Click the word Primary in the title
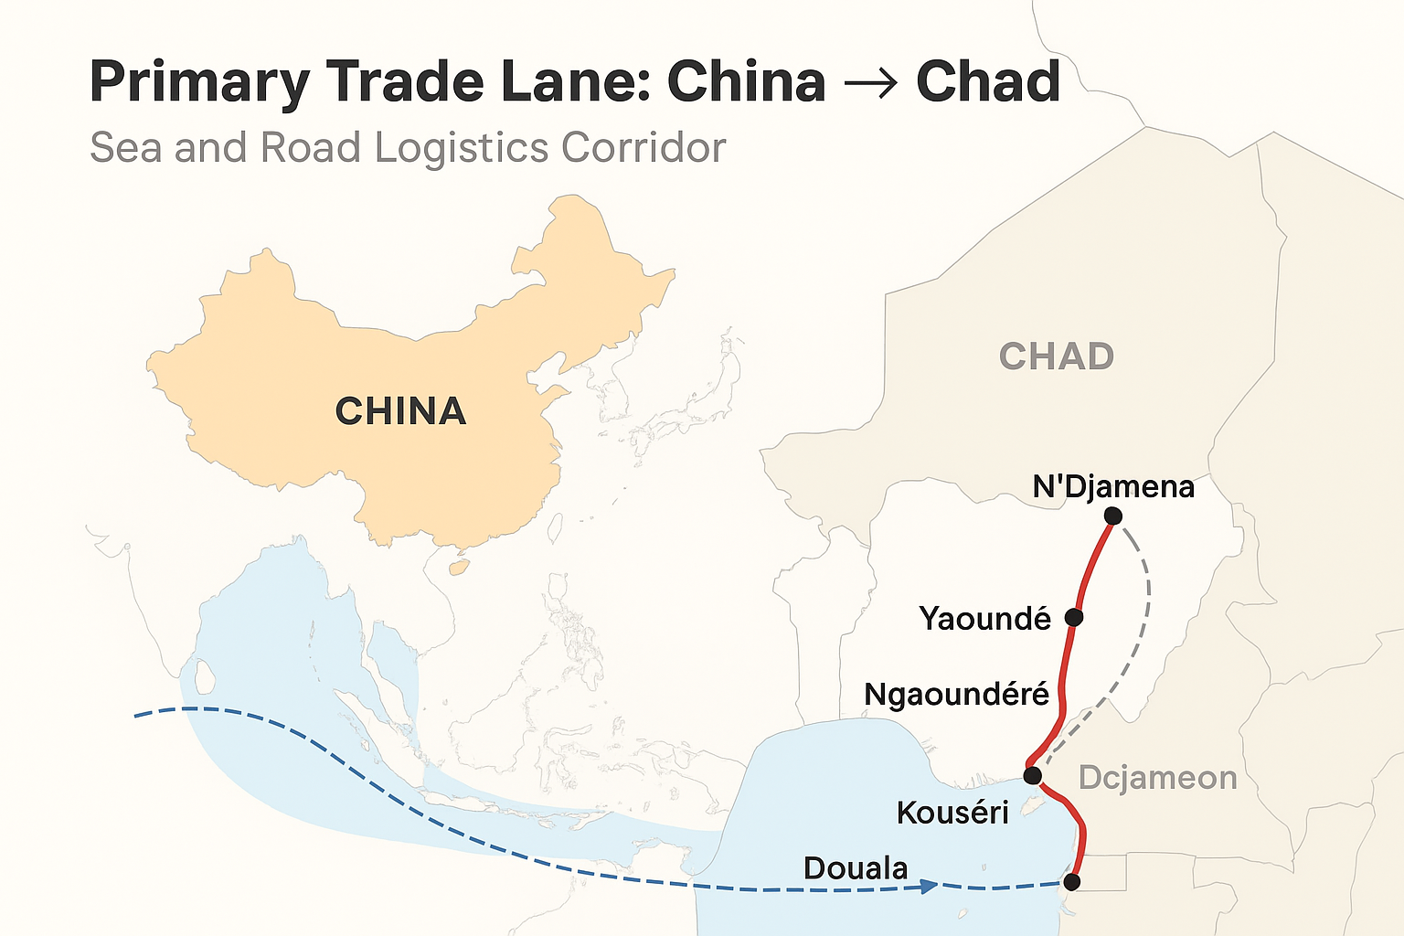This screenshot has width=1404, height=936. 199,82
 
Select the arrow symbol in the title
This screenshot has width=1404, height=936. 871,82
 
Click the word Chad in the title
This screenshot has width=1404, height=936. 988,82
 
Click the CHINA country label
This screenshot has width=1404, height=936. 400,411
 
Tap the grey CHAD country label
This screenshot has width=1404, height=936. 1056,356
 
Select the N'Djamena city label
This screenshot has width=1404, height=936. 1113,486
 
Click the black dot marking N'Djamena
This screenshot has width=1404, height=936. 1112,516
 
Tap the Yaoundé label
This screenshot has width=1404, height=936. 985,619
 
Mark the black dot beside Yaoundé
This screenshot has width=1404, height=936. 1074,617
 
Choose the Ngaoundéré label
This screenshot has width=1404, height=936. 956,695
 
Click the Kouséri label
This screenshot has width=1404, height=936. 952,812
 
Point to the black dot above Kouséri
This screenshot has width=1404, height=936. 1032,776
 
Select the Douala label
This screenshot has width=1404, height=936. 856,867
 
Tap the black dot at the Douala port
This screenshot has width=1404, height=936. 1071,882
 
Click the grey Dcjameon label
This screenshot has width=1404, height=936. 1157,778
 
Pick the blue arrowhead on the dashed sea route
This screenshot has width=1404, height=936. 929,886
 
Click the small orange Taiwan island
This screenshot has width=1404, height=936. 460,567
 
